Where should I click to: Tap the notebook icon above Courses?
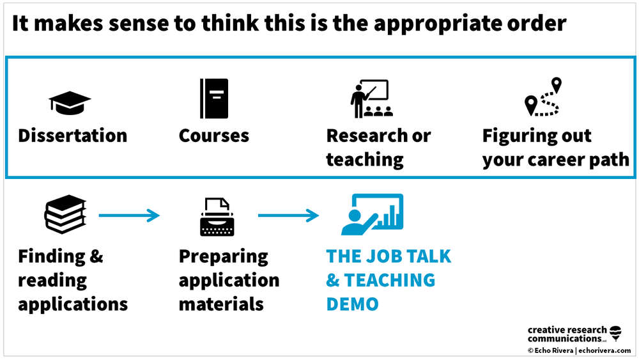[x=213, y=98]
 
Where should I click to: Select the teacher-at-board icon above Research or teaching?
[x=369, y=98]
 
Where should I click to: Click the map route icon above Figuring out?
[x=543, y=97]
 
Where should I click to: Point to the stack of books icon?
[x=65, y=215]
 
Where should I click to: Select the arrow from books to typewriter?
[x=129, y=216]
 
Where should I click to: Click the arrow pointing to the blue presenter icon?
[x=288, y=216]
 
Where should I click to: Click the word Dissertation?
[x=73, y=136]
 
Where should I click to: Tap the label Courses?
[x=214, y=136]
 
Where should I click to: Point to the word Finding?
[x=52, y=256]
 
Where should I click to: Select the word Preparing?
[x=223, y=256]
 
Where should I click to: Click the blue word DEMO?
[x=352, y=304]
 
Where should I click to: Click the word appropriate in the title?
[x=437, y=24]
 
